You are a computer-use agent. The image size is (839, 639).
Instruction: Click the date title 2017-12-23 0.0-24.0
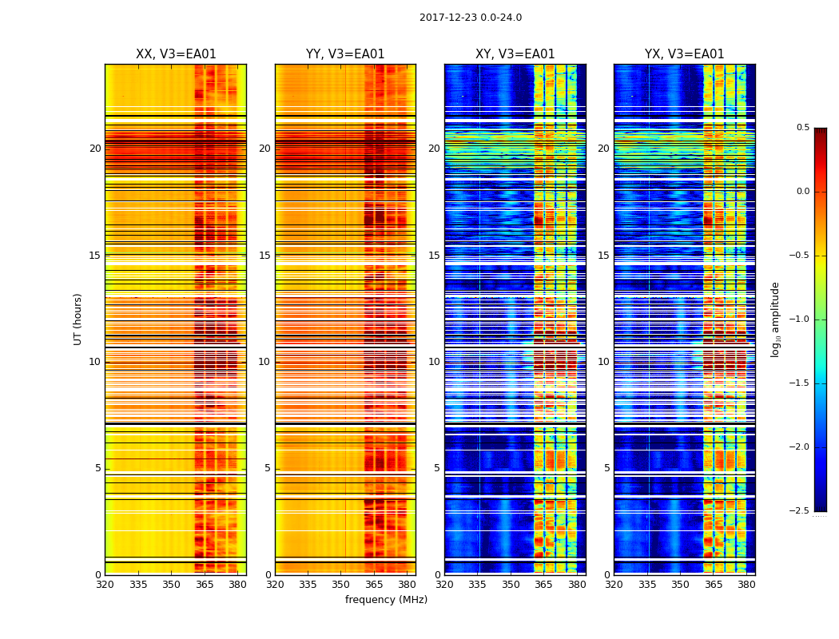(x=470, y=18)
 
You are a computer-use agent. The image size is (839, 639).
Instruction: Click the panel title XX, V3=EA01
(x=176, y=54)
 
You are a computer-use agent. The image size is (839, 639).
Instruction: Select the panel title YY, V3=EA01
(x=345, y=54)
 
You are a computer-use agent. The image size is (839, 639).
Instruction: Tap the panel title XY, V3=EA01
(x=515, y=54)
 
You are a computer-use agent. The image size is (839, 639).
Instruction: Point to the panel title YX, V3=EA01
(x=684, y=54)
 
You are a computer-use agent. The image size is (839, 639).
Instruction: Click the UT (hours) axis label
(x=78, y=319)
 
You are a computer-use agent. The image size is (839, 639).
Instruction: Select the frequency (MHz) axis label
(x=386, y=600)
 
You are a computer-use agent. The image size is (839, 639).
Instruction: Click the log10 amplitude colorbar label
(x=775, y=319)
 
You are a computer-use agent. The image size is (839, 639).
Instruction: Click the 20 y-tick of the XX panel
(x=95, y=149)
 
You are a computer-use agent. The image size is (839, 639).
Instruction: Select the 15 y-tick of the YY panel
(x=264, y=256)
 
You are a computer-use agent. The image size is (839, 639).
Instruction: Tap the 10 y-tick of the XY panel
(x=434, y=362)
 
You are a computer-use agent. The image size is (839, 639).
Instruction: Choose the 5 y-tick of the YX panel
(x=606, y=468)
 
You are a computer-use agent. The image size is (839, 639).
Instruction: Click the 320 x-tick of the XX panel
(x=105, y=585)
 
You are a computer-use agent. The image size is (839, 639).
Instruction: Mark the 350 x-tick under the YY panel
(x=341, y=585)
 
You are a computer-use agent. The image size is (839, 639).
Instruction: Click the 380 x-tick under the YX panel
(x=746, y=585)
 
